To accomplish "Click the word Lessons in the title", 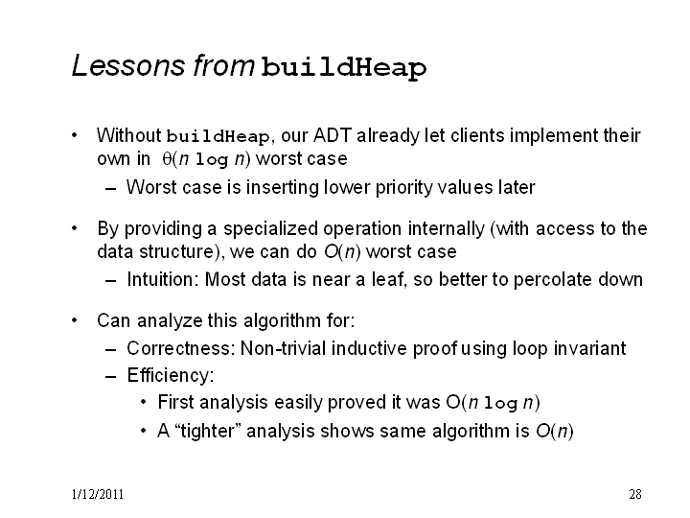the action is click(x=128, y=65).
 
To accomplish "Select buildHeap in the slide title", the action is click(x=344, y=68).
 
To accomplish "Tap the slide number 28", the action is click(x=635, y=494).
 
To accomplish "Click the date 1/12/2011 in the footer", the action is click(x=98, y=494).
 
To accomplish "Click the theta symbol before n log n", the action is click(x=167, y=158).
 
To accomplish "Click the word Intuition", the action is click(x=163, y=279).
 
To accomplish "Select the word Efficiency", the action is click(x=171, y=375).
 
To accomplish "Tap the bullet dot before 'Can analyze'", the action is click(x=75, y=320).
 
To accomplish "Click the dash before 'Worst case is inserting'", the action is click(x=111, y=189).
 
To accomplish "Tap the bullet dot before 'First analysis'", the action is click(x=143, y=402).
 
